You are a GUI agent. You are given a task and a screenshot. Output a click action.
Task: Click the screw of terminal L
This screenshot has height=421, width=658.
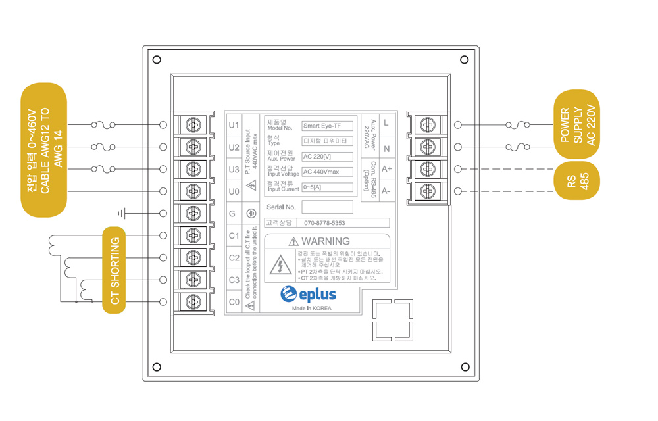(x=426, y=124)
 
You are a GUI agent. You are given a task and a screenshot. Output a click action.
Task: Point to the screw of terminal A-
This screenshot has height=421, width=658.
(x=426, y=191)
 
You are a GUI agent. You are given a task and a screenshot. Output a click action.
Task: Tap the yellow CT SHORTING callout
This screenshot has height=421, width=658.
(x=114, y=270)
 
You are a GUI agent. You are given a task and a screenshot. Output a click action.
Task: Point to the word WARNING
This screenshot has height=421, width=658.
(x=326, y=241)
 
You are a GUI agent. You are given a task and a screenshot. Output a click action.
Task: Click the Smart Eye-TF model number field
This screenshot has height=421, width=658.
(x=327, y=126)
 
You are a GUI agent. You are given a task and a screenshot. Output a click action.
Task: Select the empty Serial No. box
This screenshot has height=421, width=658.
(x=327, y=207)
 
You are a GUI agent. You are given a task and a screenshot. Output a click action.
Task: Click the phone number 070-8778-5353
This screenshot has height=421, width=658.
(x=324, y=223)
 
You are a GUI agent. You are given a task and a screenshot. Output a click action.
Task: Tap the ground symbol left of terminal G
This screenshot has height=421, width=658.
(x=122, y=213)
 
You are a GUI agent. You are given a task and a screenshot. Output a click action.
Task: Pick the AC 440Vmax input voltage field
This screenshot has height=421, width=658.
(x=327, y=172)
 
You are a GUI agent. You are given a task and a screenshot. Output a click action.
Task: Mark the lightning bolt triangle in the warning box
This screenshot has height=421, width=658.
(x=281, y=266)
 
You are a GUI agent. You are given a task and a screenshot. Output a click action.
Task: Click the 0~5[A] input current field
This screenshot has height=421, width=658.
(x=327, y=187)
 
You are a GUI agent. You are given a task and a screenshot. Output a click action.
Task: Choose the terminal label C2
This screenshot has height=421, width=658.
(x=234, y=258)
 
